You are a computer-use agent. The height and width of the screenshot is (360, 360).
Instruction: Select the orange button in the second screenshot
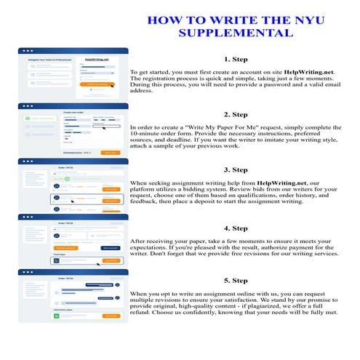click(110, 153)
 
